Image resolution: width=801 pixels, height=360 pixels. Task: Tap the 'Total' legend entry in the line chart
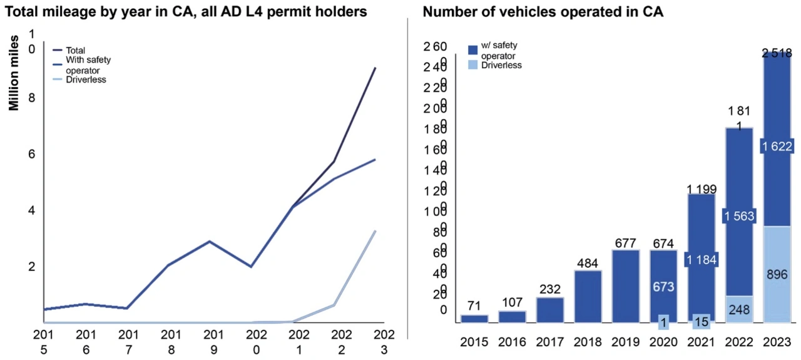(75, 50)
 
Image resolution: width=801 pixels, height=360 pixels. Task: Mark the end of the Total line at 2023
(375, 68)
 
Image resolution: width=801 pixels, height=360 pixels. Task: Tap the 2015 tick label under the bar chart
(474, 343)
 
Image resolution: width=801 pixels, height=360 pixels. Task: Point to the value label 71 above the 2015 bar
(474, 306)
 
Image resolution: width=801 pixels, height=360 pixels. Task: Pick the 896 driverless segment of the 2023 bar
(776, 274)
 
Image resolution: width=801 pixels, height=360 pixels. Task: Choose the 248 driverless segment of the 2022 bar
(738, 309)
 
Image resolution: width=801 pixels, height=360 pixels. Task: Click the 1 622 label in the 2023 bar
(776, 147)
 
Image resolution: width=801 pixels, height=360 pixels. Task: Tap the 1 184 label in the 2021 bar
(701, 260)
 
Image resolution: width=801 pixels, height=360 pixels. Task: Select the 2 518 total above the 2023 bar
(776, 53)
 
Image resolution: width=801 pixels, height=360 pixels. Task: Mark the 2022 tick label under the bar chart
(738, 343)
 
